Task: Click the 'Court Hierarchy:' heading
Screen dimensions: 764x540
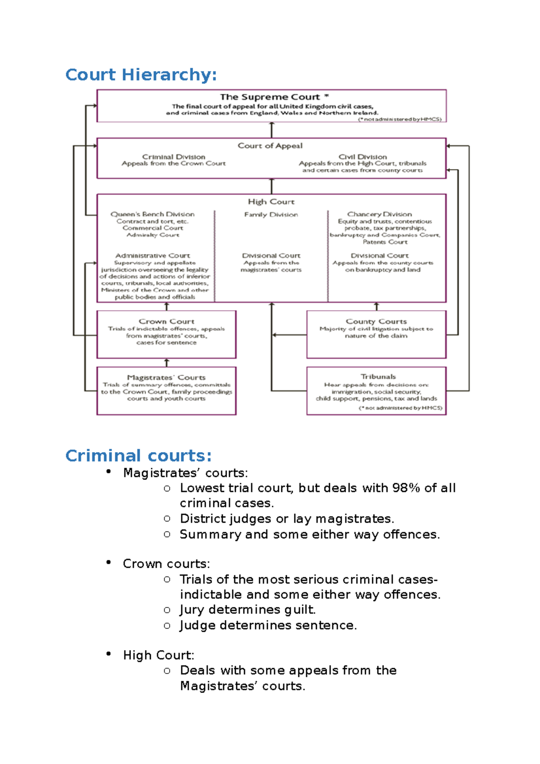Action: coord(141,75)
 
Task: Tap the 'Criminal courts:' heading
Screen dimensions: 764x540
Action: coord(138,456)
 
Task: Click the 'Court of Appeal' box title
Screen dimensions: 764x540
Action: coord(270,146)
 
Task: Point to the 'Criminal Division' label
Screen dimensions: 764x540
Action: coord(174,157)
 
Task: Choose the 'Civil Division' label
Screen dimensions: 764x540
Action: coord(363,157)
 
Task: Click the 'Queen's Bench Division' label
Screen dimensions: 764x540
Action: coord(153,214)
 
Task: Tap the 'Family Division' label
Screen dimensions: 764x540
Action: coord(271,215)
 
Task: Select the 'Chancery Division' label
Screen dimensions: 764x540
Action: coord(379,214)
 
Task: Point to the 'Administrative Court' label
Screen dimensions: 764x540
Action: coord(153,256)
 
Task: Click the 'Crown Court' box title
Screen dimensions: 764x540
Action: coord(166,321)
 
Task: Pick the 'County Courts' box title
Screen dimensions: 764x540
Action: coord(376,321)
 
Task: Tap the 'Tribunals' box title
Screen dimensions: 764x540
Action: coord(378,377)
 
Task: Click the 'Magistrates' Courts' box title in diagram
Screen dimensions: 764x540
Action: coord(166,378)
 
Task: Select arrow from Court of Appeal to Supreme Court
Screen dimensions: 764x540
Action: coord(271,130)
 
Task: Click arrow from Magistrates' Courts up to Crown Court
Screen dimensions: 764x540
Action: coord(166,363)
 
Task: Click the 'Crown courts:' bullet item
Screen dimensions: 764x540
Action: coord(166,564)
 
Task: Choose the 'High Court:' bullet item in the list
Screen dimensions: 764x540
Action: coord(158,655)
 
